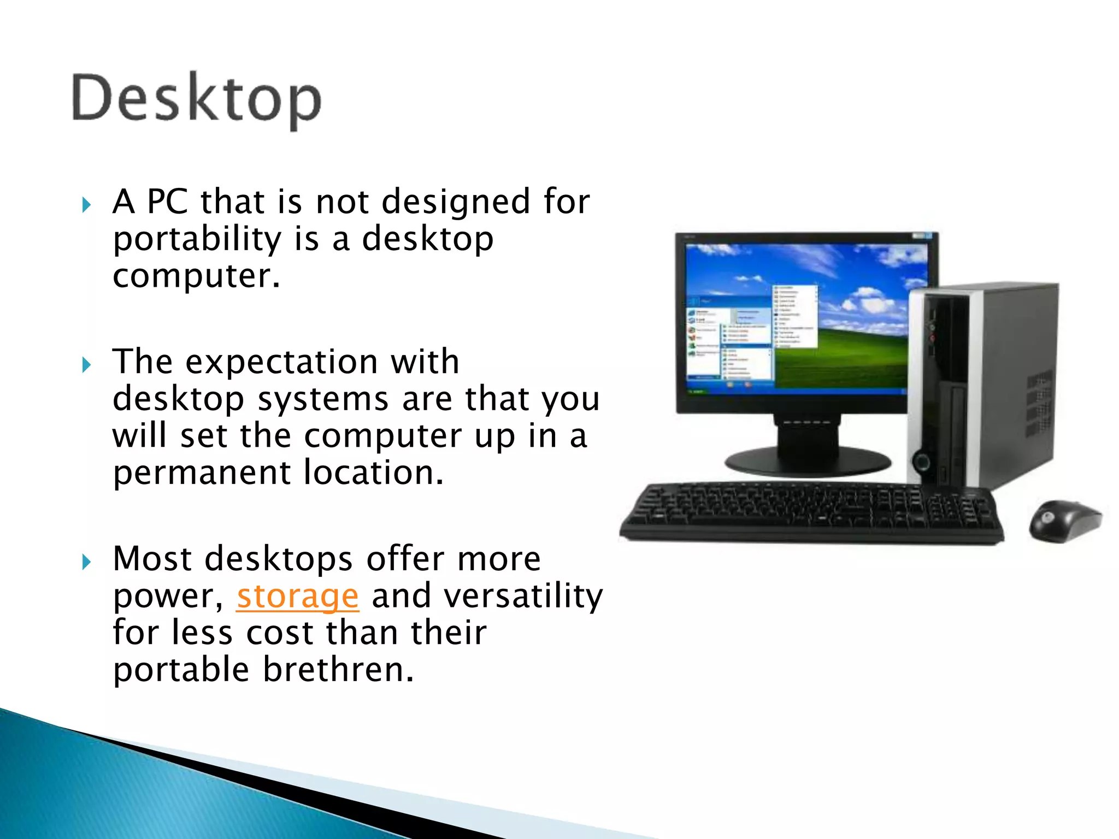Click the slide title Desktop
[x=197, y=100]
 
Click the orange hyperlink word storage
[x=298, y=596]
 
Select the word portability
[x=197, y=239]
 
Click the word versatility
[x=523, y=595]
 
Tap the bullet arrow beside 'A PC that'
[x=86, y=205]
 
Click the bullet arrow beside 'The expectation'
[x=86, y=364]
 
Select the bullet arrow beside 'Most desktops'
[x=86, y=562]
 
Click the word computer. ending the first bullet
[x=196, y=276]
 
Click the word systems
[x=323, y=399]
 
